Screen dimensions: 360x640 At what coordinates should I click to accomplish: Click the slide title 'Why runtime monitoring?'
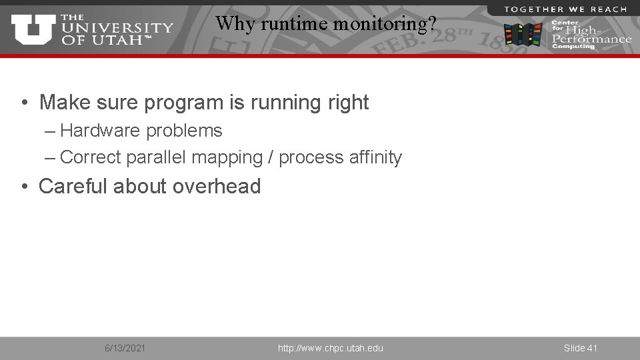coord(326,24)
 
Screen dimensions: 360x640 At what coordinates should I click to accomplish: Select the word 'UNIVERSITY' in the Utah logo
coord(117,29)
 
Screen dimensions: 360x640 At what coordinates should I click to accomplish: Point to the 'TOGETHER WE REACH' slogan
coord(565,9)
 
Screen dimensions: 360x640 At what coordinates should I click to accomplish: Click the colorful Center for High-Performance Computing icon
coord(523,34)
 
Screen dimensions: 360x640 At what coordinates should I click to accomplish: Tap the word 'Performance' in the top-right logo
coord(591,39)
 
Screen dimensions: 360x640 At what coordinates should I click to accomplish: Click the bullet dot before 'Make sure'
coord(23,103)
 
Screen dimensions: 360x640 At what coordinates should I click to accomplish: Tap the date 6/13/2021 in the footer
coord(125,348)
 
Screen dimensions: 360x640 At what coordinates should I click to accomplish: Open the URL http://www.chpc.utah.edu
coord(331,348)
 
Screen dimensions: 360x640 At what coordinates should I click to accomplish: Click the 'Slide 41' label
coord(580,348)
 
